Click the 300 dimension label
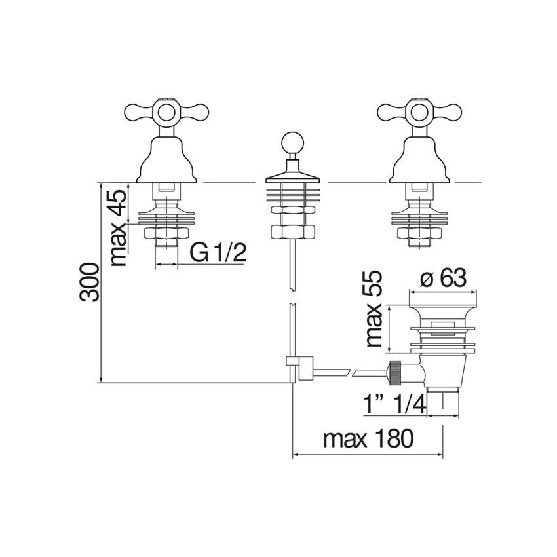tap(90, 282)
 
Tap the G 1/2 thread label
tap(218, 252)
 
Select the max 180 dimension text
tap(368, 439)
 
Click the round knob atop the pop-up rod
tap(292, 143)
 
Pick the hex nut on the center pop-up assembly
tap(292, 231)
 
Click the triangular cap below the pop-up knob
tap(292, 176)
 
